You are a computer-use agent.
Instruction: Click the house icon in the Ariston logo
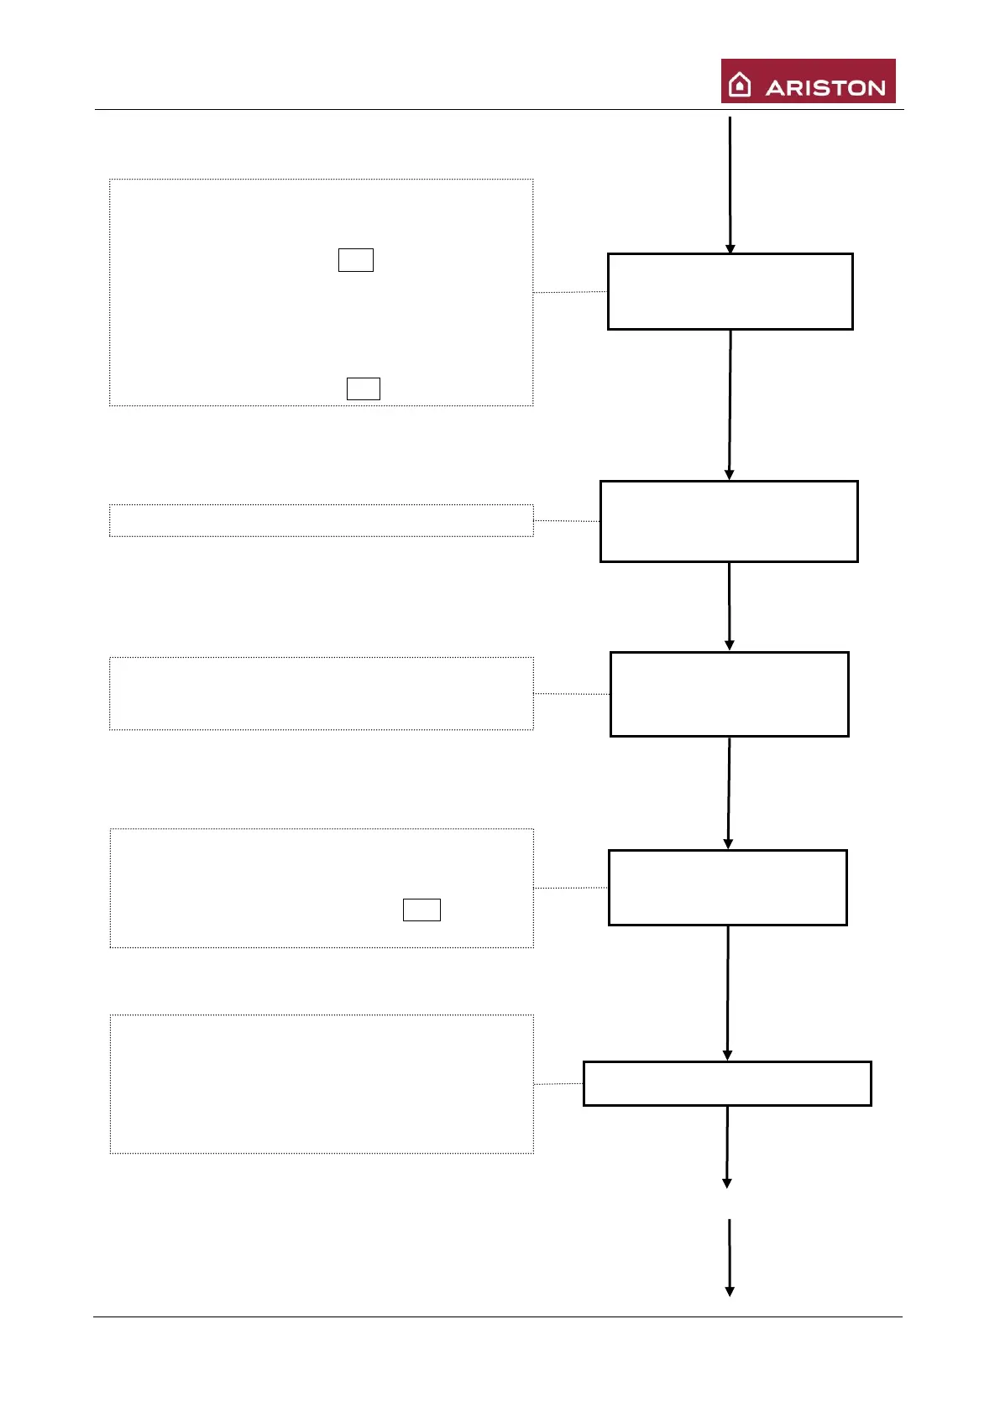click(x=740, y=85)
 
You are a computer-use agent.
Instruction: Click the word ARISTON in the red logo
click(x=825, y=88)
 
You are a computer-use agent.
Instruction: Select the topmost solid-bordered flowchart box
click(x=730, y=291)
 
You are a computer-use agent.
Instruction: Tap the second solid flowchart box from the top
click(x=729, y=521)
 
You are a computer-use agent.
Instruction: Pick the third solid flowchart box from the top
click(x=729, y=694)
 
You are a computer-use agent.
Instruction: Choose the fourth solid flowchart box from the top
click(x=727, y=888)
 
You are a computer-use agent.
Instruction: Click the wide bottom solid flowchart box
click(x=727, y=1083)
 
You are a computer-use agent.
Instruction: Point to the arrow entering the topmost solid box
click(x=730, y=185)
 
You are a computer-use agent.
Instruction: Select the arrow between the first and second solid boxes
click(x=730, y=404)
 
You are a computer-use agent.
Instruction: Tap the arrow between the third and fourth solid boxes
click(x=729, y=793)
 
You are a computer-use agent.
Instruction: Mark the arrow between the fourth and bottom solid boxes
click(x=727, y=993)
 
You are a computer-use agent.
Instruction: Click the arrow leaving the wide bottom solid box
click(x=727, y=1146)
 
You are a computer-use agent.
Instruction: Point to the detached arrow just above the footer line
click(x=729, y=1257)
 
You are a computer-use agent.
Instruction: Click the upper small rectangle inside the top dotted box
click(x=355, y=260)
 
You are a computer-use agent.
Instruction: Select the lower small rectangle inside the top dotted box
click(x=363, y=388)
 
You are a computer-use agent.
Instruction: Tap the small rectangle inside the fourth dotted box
click(x=421, y=910)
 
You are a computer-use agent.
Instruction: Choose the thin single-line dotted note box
click(x=322, y=520)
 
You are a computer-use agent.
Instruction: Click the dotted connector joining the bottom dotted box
click(x=558, y=1084)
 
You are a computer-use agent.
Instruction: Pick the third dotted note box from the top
click(x=322, y=693)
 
